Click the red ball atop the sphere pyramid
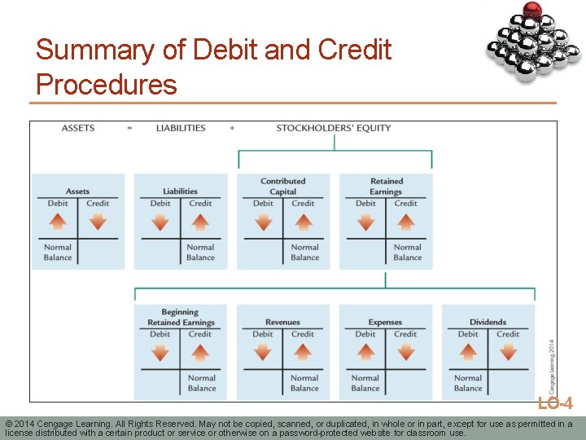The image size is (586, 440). tap(532, 11)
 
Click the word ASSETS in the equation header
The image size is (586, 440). tap(78, 128)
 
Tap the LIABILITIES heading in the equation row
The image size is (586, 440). tap(181, 128)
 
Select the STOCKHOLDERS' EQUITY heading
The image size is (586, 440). tap(334, 128)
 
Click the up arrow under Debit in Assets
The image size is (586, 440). tap(58, 221)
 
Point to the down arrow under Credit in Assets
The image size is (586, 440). tap(98, 221)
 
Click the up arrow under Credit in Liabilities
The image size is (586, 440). tap(200, 221)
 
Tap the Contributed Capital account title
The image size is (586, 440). tap(283, 187)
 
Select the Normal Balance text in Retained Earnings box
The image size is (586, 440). tap(407, 252)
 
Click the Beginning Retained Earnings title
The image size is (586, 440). tap(180, 317)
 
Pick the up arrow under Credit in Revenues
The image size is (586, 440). tap(303, 351)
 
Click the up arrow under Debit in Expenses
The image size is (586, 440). tap(365, 351)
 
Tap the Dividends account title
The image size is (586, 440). tap(488, 322)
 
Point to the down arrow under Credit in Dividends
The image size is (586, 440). tap(508, 351)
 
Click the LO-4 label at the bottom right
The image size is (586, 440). tap(555, 403)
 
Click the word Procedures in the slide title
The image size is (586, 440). tap(107, 84)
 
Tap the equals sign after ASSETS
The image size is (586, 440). tap(129, 128)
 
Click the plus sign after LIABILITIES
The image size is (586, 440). tap(232, 128)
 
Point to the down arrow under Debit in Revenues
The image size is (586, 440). tap(263, 351)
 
